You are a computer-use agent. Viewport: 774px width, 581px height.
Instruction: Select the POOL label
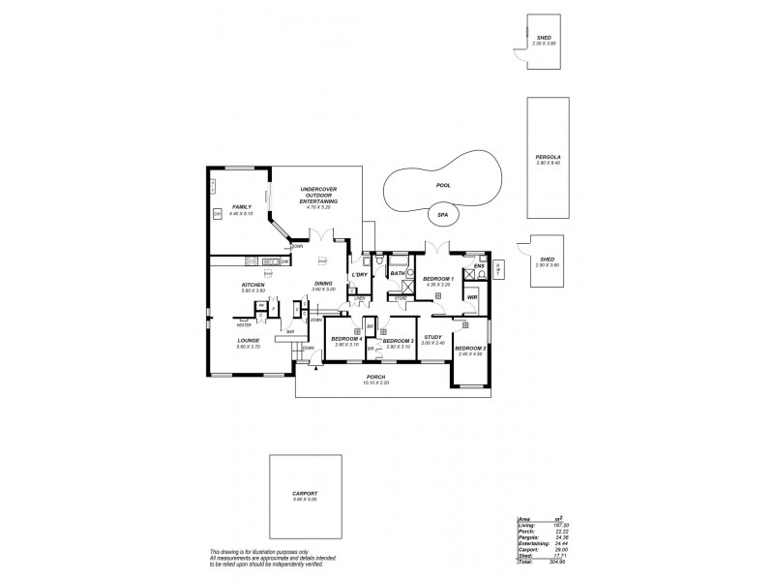coord(443,185)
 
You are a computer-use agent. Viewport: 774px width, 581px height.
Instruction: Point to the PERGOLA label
coord(548,157)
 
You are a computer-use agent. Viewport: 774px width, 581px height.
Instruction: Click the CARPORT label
coord(305,493)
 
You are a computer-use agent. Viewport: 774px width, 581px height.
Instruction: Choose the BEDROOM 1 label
coord(437,279)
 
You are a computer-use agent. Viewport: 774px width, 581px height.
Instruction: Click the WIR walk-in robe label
coord(472,297)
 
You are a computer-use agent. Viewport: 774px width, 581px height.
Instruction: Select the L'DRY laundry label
coord(359,275)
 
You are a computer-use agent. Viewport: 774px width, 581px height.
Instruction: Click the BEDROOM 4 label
coord(346,339)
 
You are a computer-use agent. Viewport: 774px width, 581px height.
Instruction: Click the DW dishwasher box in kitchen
coord(284,261)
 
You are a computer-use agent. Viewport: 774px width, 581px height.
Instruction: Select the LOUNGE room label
coord(249,341)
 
